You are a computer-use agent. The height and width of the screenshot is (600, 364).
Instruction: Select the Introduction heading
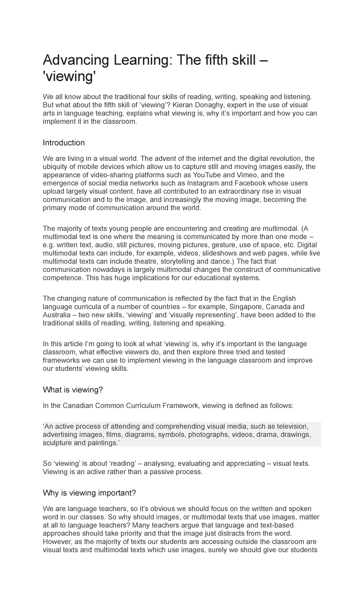click(x=64, y=143)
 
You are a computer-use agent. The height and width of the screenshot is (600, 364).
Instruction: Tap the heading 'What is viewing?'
click(x=73, y=390)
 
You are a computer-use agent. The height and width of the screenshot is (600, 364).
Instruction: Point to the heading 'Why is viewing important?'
click(x=89, y=493)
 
